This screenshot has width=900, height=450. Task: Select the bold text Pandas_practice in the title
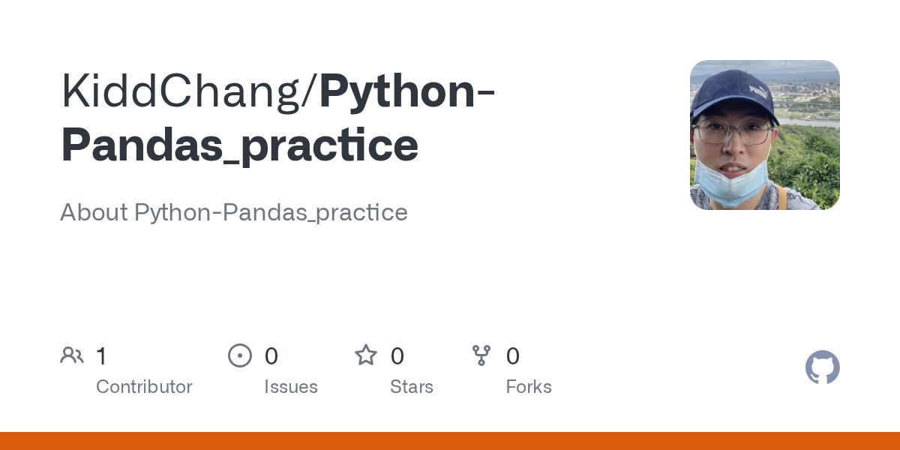(x=239, y=145)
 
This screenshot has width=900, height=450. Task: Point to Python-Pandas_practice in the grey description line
(x=271, y=213)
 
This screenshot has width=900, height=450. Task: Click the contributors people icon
(x=72, y=355)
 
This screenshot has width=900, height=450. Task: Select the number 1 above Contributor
(x=101, y=355)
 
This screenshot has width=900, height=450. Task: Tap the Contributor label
(x=144, y=387)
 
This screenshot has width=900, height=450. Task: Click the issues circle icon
(x=240, y=355)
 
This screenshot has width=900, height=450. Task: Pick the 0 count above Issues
(x=271, y=355)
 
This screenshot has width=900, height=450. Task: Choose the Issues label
(x=291, y=387)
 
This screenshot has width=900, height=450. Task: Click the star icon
(x=366, y=355)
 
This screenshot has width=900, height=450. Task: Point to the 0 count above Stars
(x=397, y=355)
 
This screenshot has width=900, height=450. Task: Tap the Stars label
(x=412, y=387)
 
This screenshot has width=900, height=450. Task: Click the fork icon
(x=481, y=355)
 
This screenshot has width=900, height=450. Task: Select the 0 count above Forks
(x=513, y=355)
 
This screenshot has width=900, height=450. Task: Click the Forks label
(x=529, y=387)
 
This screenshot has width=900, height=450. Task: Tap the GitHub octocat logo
(x=823, y=367)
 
